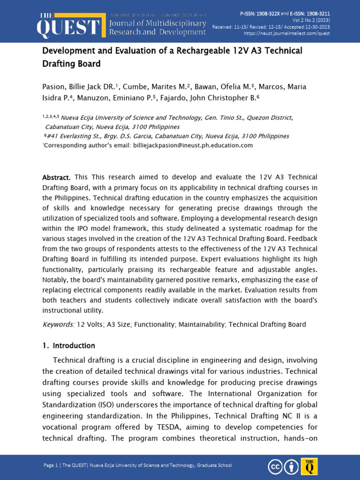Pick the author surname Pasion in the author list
point(53,87)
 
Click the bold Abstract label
point(56,177)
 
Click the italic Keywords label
point(58,324)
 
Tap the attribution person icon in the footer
point(292,467)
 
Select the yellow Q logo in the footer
point(309,466)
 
